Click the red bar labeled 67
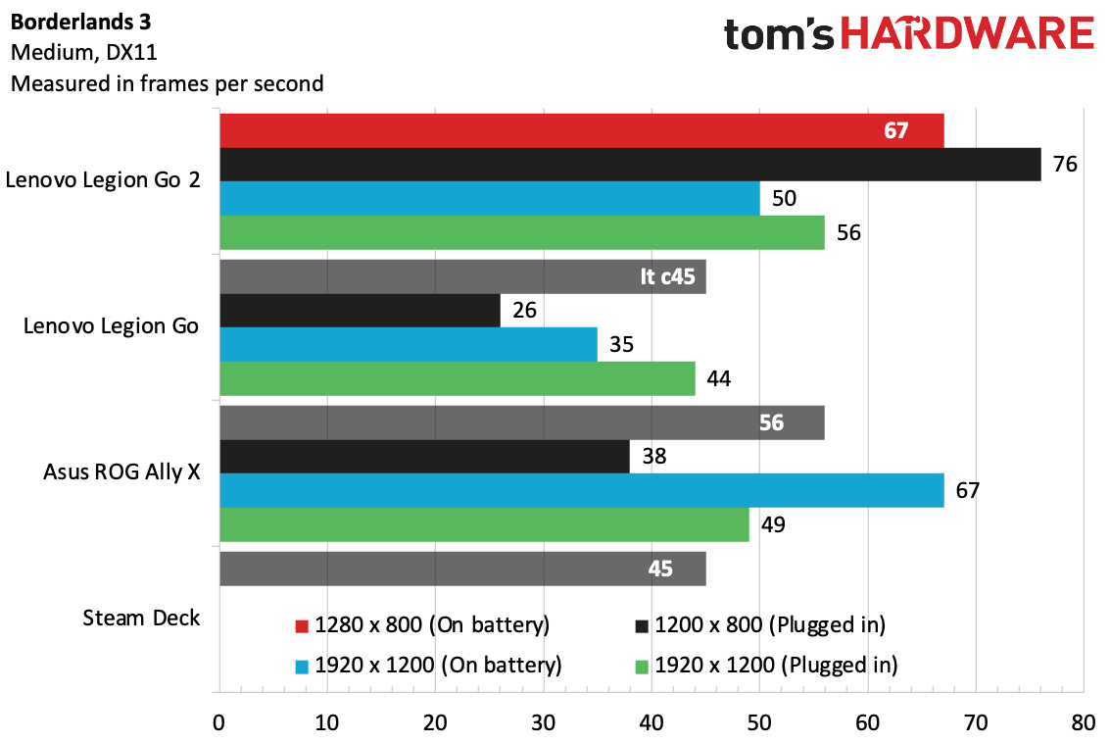[x=581, y=130]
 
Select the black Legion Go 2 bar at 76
[x=630, y=164]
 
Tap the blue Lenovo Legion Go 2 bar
[x=489, y=198]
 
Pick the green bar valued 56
[x=521, y=232]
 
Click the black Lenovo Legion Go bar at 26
[x=360, y=312]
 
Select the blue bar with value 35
[x=408, y=345]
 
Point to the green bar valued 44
[x=457, y=378]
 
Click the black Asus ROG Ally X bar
[x=424, y=457]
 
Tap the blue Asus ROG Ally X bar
[x=581, y=490]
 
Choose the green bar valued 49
[x=484, y=524]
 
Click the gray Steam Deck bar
[x=462, y=569]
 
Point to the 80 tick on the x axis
[x=1083, y=723]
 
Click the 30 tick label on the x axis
[x=543, y=723]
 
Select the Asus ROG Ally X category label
[x=121, y=471]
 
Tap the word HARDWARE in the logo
[x=968, y=35]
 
